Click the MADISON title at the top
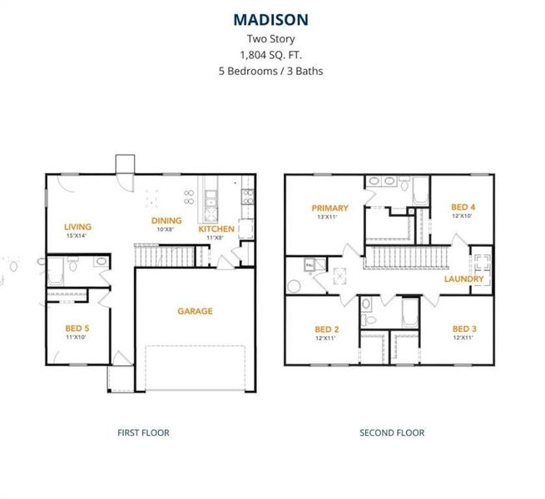coord(271,19)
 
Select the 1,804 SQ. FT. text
coord(271,55)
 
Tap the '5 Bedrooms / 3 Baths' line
coord(271,71)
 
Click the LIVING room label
coord(77,226)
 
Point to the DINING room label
coord(166,220)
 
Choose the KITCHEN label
coord(216,229)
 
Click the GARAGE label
coord(195,311)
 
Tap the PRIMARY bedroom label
coord(329,208)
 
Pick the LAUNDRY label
coord(463,279)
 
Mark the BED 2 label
coord(326,329)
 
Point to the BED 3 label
coord(464,329)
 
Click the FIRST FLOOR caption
coord(142,432)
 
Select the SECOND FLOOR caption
coord(391,432)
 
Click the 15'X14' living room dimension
coord(77,236)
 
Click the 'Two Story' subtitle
coord(271,38)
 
